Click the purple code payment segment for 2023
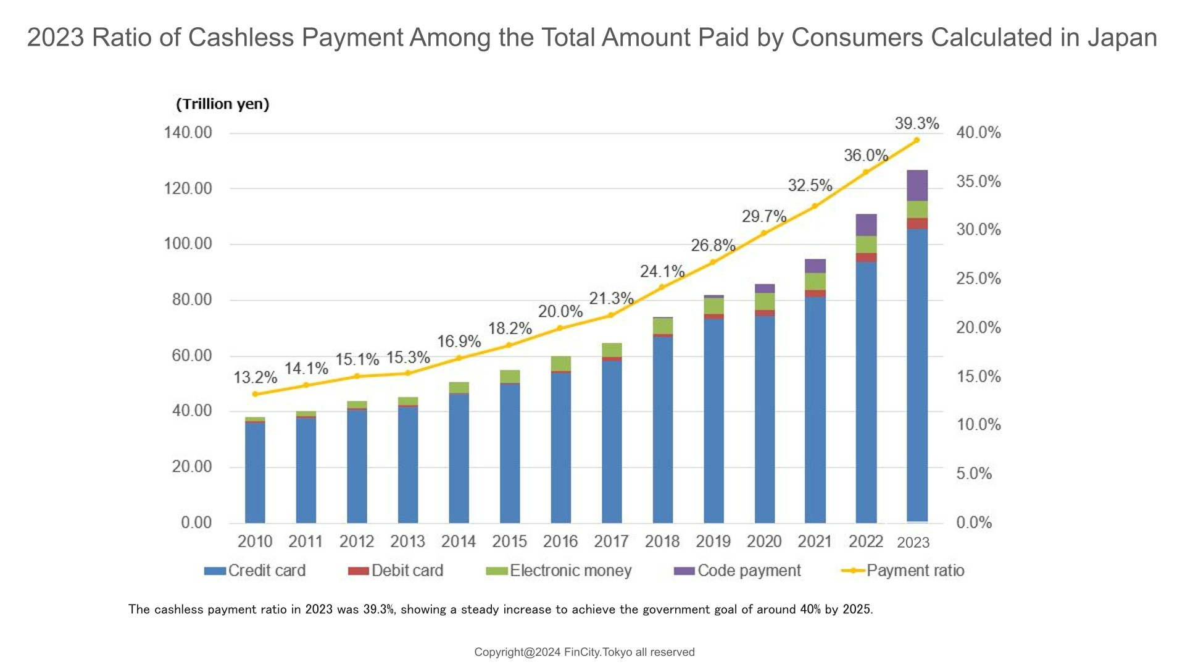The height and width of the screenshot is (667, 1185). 917,185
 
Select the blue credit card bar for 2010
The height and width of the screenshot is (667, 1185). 255,472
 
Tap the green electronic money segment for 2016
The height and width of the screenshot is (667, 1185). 560,363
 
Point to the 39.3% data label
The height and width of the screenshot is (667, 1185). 917,124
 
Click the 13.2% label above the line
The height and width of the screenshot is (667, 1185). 255,377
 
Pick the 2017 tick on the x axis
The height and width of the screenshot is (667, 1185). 611,542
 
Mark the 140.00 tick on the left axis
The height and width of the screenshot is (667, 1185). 188,133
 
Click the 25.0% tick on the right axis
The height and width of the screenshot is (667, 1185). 978,279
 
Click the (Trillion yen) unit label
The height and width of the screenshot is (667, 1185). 223,104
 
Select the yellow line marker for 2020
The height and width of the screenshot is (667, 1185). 764,233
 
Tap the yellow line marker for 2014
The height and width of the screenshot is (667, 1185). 459,358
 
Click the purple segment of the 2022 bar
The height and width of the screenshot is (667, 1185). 866,225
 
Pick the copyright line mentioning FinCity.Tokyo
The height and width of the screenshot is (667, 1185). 584,652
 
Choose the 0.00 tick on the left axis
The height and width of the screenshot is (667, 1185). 196,523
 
